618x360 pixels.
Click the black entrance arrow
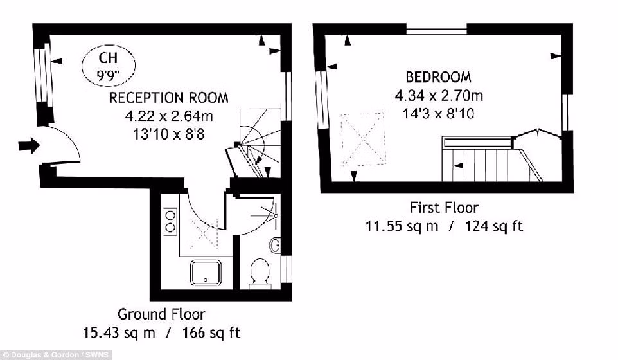[29, 145]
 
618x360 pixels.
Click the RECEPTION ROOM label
[169, 98]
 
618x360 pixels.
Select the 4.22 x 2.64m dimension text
[169, 116]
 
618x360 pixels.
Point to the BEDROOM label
[438, 77]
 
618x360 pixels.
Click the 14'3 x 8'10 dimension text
[438, 114]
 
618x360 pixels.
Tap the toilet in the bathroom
[260, 272]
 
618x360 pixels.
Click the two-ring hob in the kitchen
[170, 221]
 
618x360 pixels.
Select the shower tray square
[206, 272]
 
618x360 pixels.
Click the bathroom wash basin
[275, 246]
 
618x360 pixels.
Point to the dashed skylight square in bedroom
[362, 139]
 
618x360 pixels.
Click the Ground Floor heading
[161, 314]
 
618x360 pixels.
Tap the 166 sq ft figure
[211, 332]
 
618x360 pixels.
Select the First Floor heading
[444, 208]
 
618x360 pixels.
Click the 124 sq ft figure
[494, 226]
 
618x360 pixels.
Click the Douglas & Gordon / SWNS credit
[56, 355]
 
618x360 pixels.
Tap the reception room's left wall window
[42, 74]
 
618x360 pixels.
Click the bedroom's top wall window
[436, 29]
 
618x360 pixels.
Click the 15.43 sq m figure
[119, 332]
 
